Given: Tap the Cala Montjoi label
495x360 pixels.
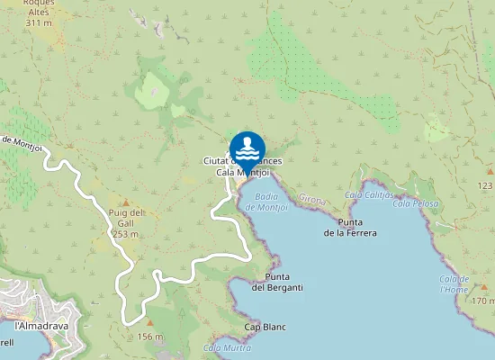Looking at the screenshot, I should (238, 172).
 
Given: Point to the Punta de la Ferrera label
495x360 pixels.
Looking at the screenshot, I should (350, 227).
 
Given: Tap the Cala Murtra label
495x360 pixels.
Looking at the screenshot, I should (225, 346).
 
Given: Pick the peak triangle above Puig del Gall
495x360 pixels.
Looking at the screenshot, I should (126, 202).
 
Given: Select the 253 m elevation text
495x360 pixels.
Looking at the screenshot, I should (126, 233).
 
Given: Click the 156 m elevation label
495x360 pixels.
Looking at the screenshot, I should (149, 337).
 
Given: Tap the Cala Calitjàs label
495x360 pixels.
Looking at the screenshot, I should (369, 194).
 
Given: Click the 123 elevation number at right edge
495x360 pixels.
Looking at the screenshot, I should (486, 184).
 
